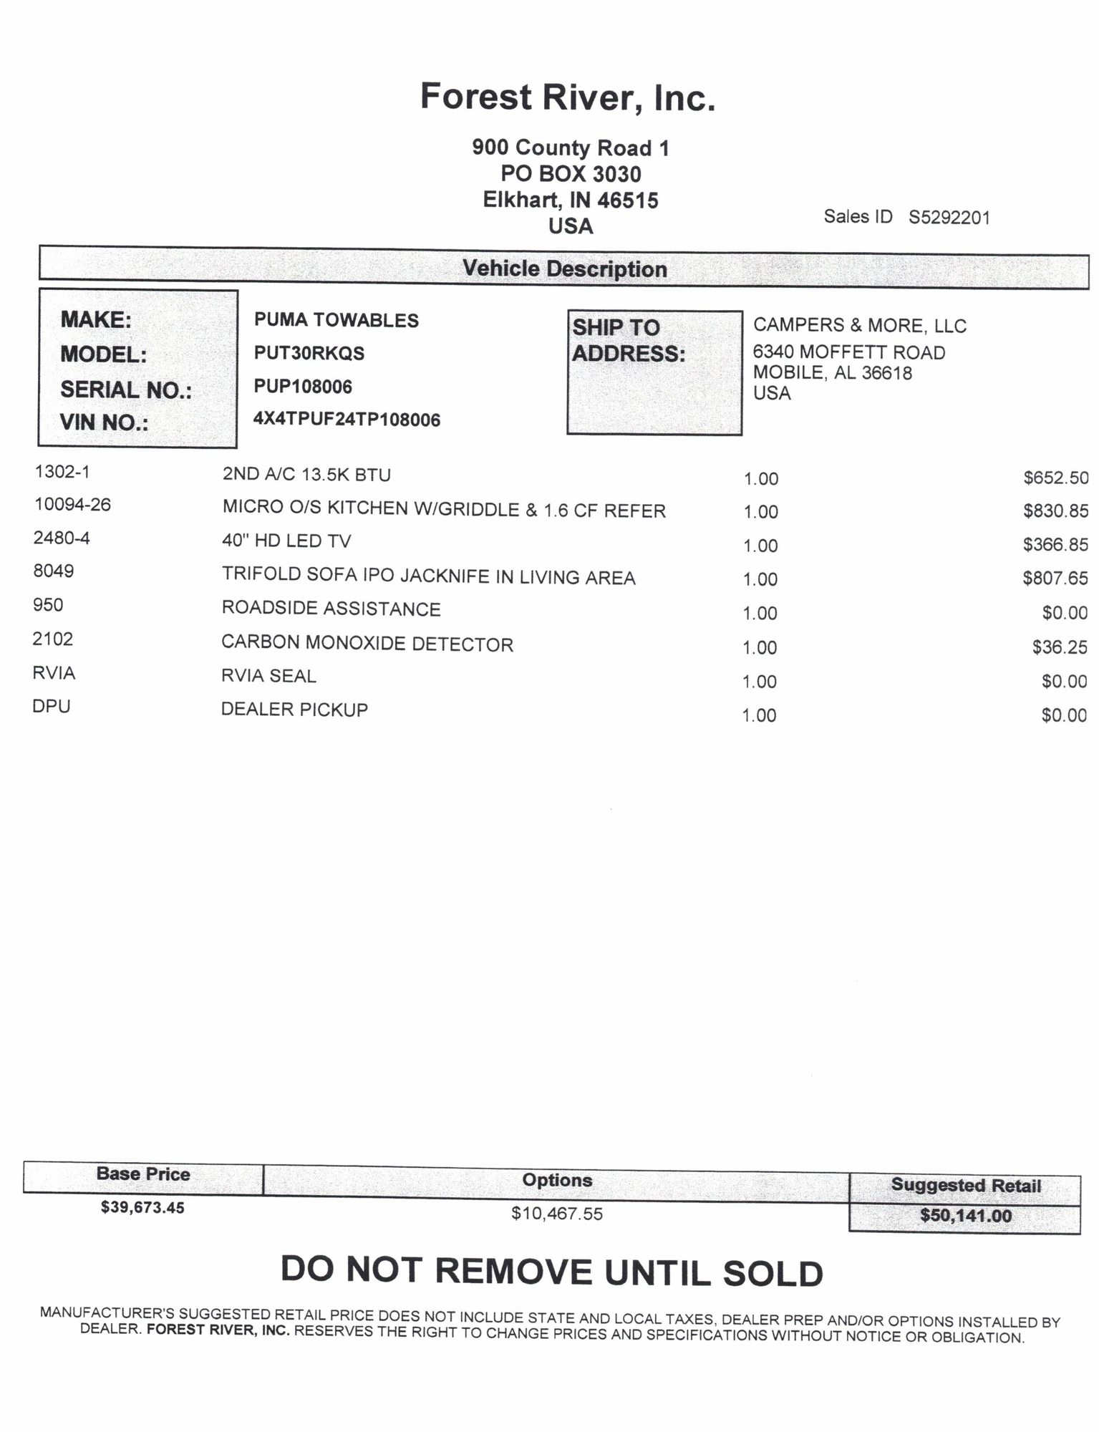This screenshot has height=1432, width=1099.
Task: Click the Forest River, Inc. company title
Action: coord(567,97)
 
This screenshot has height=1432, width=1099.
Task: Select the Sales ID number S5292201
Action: coord(949,218)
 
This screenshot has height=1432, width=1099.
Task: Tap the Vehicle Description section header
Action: coord(564,268)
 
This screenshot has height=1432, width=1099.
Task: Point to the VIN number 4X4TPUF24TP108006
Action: coord(347,420)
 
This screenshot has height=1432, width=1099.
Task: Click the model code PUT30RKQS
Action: coord(309,353)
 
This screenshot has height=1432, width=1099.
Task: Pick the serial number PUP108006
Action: coord(303,387)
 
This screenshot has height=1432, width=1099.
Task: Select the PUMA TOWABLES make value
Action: coord(336,320)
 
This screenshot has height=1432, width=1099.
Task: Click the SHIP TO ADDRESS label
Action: coord(628,340)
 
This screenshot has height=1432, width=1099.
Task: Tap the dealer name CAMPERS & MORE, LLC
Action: coord(859,326)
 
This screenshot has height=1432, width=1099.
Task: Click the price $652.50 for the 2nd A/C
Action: coord(1055,478)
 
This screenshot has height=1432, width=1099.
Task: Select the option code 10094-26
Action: coord(72,505)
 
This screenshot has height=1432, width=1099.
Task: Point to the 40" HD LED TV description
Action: coord(286,541)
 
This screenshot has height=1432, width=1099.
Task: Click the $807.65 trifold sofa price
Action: coord(1055,578)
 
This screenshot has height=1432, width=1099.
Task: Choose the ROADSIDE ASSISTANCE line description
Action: coord(331,609)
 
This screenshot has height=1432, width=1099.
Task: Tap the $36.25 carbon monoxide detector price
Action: coord(1059,647)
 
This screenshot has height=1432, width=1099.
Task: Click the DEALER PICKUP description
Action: coord(294,710)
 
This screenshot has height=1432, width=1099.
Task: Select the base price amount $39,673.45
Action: coord(142,1207)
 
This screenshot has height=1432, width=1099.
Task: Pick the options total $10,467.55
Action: coord(556,1213)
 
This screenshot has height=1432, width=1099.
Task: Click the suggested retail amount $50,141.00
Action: coord(965,1215)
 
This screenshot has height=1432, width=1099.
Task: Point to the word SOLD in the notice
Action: coord(773,1273)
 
